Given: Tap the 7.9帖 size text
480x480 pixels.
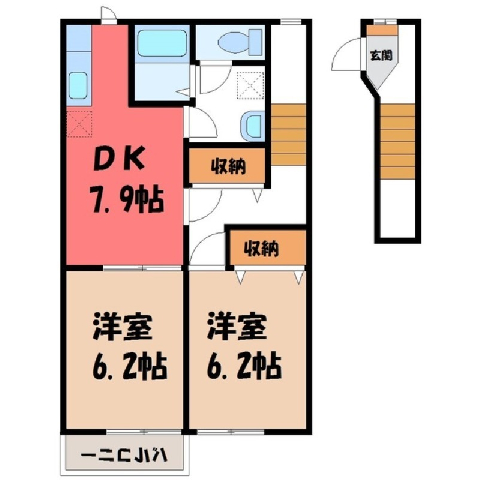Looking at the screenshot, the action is pyautogui.click(x=127, y=201).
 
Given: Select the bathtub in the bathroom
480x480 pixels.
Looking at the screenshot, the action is pyautogui.click(x=162, y=44).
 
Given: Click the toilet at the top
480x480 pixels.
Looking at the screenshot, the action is pyautogui.click(x=240, y=42).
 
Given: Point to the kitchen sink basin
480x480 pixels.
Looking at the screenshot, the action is pyautogui.click(x=78, y=85).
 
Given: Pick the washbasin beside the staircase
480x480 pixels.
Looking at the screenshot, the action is pyautogui.click(x=252, y=126).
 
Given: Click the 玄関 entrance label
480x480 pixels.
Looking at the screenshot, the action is pyautogui.click(x=382, y=55).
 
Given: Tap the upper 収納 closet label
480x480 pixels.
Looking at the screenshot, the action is pyautogui.click(x=229, y=166).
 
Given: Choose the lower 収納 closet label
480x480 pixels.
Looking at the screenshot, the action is pyautogui.click(x=261, y=248).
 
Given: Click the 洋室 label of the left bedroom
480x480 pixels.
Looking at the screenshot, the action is pyautogui.click(x=122, y=327).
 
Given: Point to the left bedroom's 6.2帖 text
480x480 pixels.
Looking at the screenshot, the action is pyautogui.click(x=129, y=367).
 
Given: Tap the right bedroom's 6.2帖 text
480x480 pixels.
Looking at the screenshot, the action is pyautogui.click(x=244, y=367).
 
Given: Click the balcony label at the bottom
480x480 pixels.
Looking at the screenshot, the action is pyautogui.click(x=124, y=455).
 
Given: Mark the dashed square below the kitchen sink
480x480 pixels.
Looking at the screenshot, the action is pyautogui.click(x=79, y=124).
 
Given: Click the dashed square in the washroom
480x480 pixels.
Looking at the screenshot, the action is pyautogui.click(x=251, y=85).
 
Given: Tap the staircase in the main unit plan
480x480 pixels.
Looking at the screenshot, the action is pyautogui.click(x=288, y=135).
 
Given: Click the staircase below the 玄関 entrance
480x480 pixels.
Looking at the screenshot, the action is pyautogui.click(x=398, y=141).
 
